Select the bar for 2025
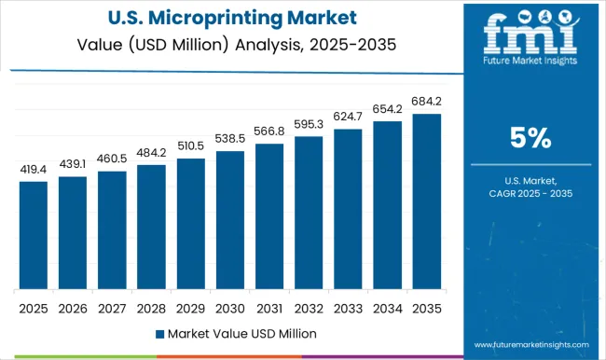[x=33, y=235]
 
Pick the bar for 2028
[x=150, y=227]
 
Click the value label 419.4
[x=33, y=171]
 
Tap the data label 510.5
[x=189, y=146]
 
